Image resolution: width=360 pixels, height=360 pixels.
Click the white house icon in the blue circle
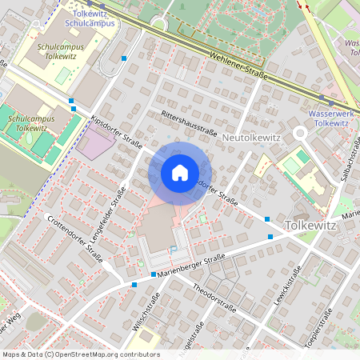pos(179,173)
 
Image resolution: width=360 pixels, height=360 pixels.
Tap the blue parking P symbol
pos(173,250)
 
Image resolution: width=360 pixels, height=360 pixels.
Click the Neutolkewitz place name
pos(250,138)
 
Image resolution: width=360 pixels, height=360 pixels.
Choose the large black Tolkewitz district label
pos(321,226)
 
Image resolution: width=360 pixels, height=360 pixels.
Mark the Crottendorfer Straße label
pos(74,238)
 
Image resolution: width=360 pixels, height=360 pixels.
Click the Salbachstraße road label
pos(349,157)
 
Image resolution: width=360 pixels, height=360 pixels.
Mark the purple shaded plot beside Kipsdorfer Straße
pos(98,144)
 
